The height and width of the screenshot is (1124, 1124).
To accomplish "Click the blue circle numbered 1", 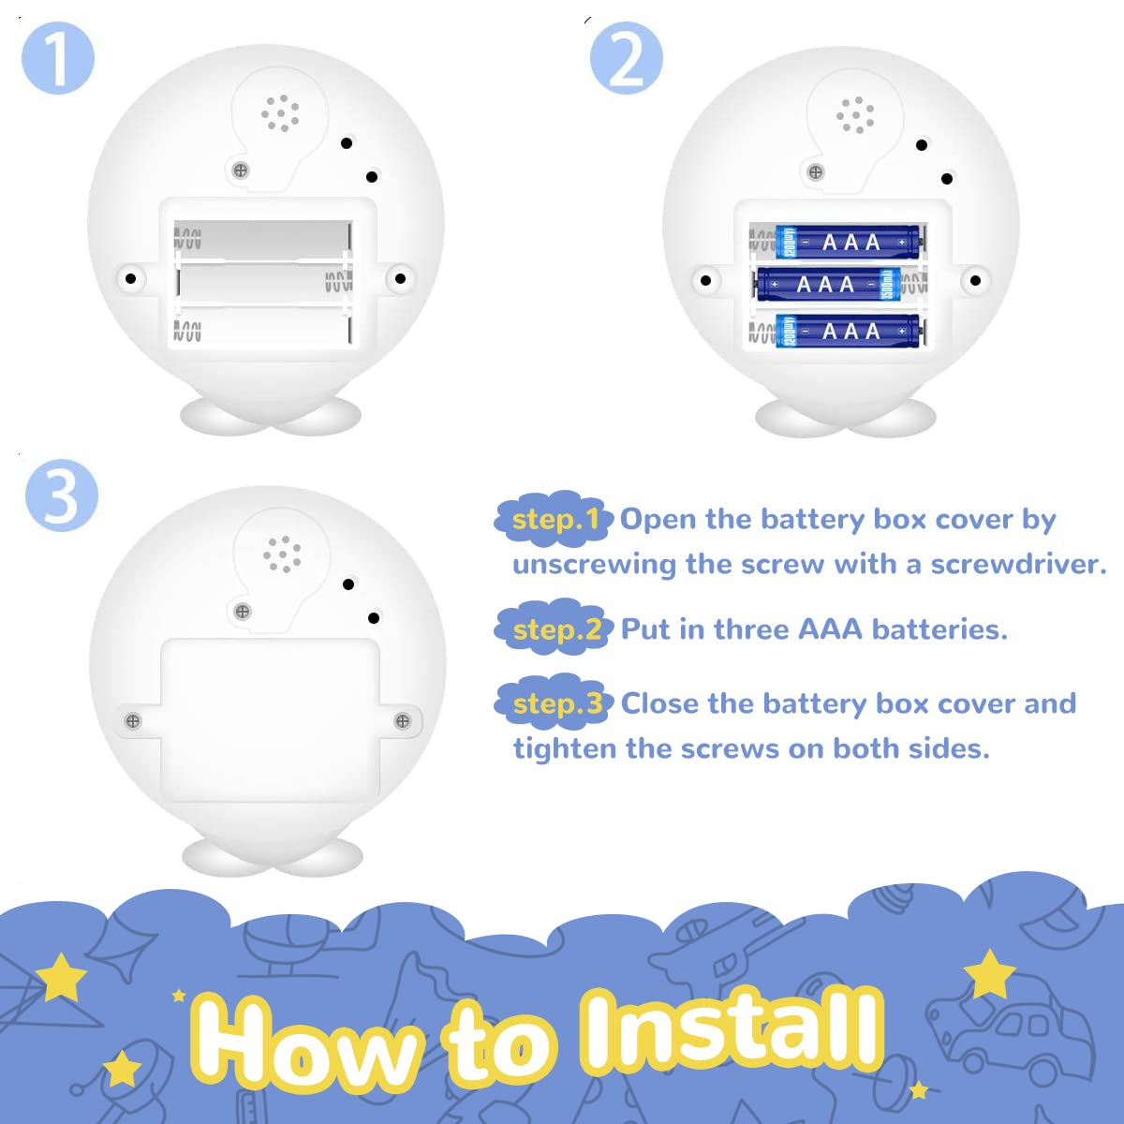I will coord(58,58).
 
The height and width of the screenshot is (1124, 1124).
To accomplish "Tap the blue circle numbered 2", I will coord(627,58).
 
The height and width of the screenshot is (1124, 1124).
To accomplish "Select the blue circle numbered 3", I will coord(62,495).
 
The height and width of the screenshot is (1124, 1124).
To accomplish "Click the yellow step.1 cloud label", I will coord(555,519).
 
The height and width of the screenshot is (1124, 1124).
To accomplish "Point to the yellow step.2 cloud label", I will coord(555,629).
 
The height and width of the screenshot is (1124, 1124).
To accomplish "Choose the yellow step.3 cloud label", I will coord(555,703).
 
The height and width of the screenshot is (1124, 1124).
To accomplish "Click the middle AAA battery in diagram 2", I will coord(828,285).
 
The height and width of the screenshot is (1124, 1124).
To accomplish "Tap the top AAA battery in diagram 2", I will coord(848,242).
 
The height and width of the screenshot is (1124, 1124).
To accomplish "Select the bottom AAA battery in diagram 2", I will coord(848,332).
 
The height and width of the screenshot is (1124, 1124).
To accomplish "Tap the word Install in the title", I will coord(731,1030).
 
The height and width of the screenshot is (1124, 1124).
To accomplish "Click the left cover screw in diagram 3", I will coord(132,721).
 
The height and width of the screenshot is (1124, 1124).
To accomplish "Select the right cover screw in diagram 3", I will coord(403,721).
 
